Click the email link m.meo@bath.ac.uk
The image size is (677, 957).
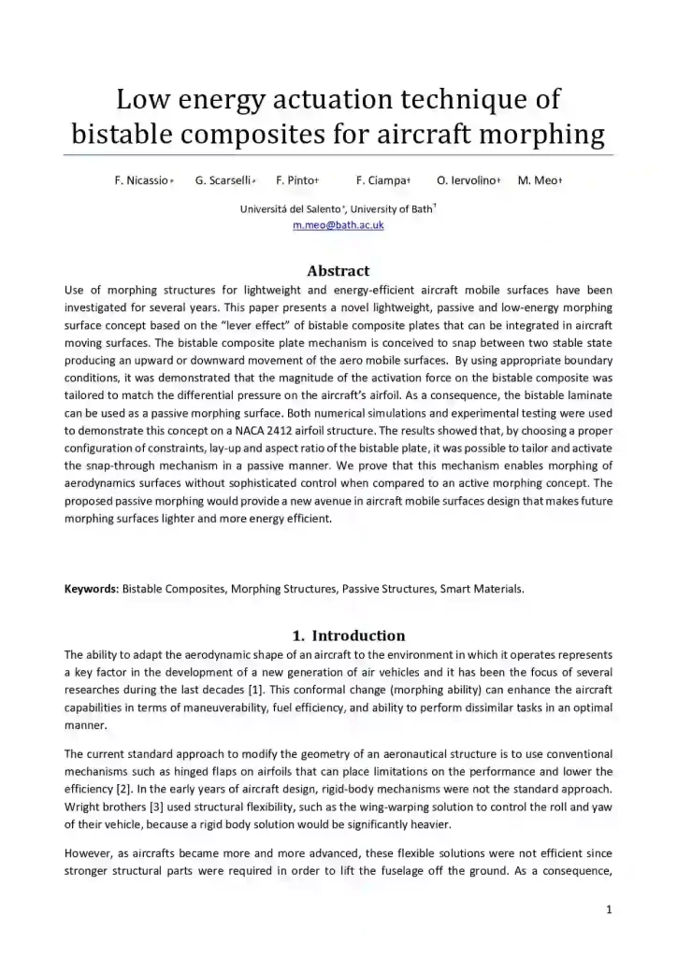tap(338, 225)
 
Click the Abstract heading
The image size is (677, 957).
tap(338, 271)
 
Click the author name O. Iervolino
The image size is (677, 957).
tap(467, 180)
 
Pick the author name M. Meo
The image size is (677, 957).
tap(537, 180)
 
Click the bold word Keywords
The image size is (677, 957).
tap(91, 589)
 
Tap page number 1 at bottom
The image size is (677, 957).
tap(608, 908)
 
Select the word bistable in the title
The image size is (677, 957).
tap(120, 134)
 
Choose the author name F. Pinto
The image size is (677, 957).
tap(296, 180)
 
